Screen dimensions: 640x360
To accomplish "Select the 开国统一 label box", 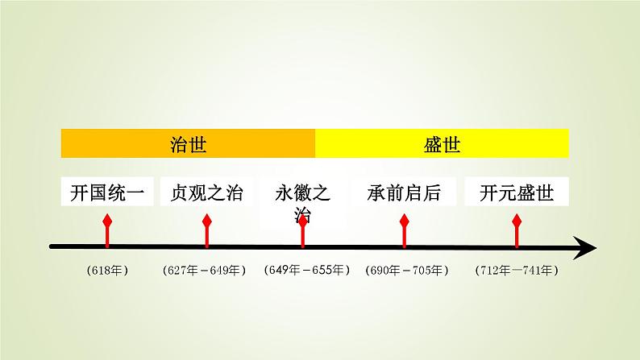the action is click(x=106, y=193).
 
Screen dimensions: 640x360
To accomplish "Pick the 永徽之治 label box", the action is click(x=303, y=202).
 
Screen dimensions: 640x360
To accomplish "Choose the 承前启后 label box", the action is click(x=405, y=193).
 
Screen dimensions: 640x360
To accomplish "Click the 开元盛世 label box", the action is click(x=517, y=193).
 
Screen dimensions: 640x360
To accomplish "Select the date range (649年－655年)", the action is click(x=305, y=271).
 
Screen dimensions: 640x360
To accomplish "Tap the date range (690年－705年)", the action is click(x=406, y=271).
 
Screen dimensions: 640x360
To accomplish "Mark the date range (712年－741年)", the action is click(x=517, y=271).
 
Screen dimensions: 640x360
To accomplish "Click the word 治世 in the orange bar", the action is click(x=188, y=143).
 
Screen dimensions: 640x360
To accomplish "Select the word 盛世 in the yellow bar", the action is click(x=442, y=143).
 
